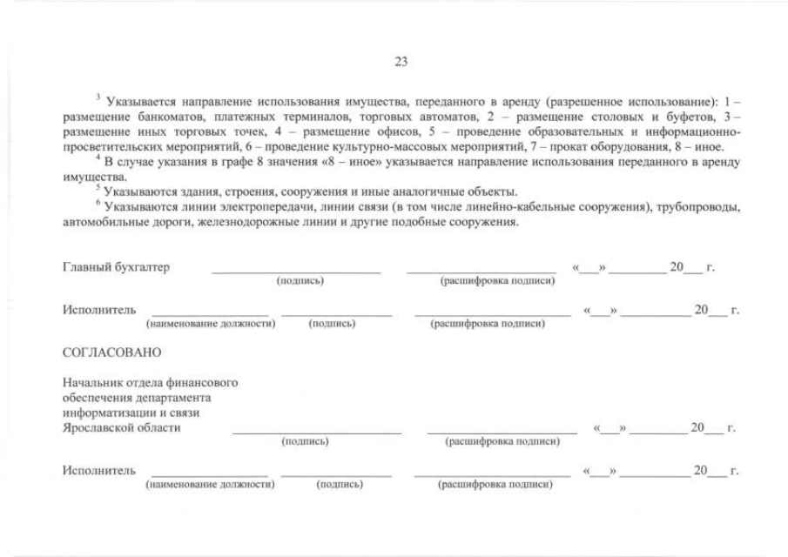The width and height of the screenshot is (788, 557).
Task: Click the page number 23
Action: (x=401, y=61)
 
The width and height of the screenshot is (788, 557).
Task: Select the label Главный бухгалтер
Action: (x=116, y=266)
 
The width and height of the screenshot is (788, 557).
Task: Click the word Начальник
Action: (x=91, y=383)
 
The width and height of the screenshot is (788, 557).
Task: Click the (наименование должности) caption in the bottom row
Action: (x=211, y=485)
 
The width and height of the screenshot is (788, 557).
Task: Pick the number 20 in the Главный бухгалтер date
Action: (x=677, y=266)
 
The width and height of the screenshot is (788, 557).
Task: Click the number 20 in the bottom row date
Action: (x=700, y=471)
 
